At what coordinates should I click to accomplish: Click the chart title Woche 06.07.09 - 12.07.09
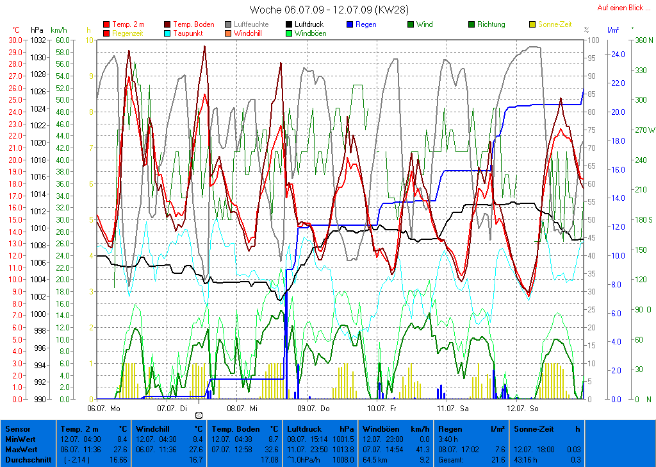[x=329, y=10]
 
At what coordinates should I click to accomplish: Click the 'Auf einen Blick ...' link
[x=619, y=8]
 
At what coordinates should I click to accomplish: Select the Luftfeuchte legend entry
[x=250, y=24]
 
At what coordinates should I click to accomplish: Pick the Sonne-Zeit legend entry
[x=554, y=24]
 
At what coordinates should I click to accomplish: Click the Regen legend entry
[x=366, y=24]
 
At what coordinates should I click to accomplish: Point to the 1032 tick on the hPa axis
[x=38, y=40]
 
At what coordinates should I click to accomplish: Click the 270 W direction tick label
[x=643, y=130]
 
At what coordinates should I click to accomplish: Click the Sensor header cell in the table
[x=17, y=429]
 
